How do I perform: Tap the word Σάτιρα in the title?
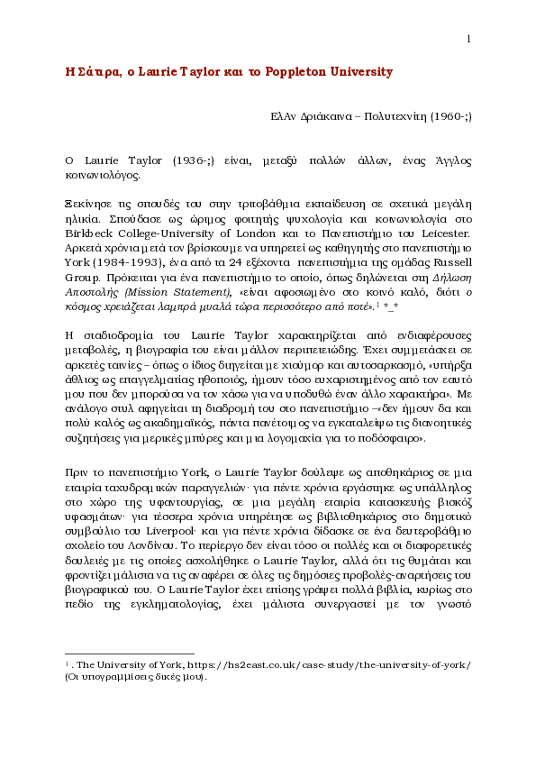point(94,71)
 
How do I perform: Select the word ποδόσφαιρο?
point(392,438)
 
